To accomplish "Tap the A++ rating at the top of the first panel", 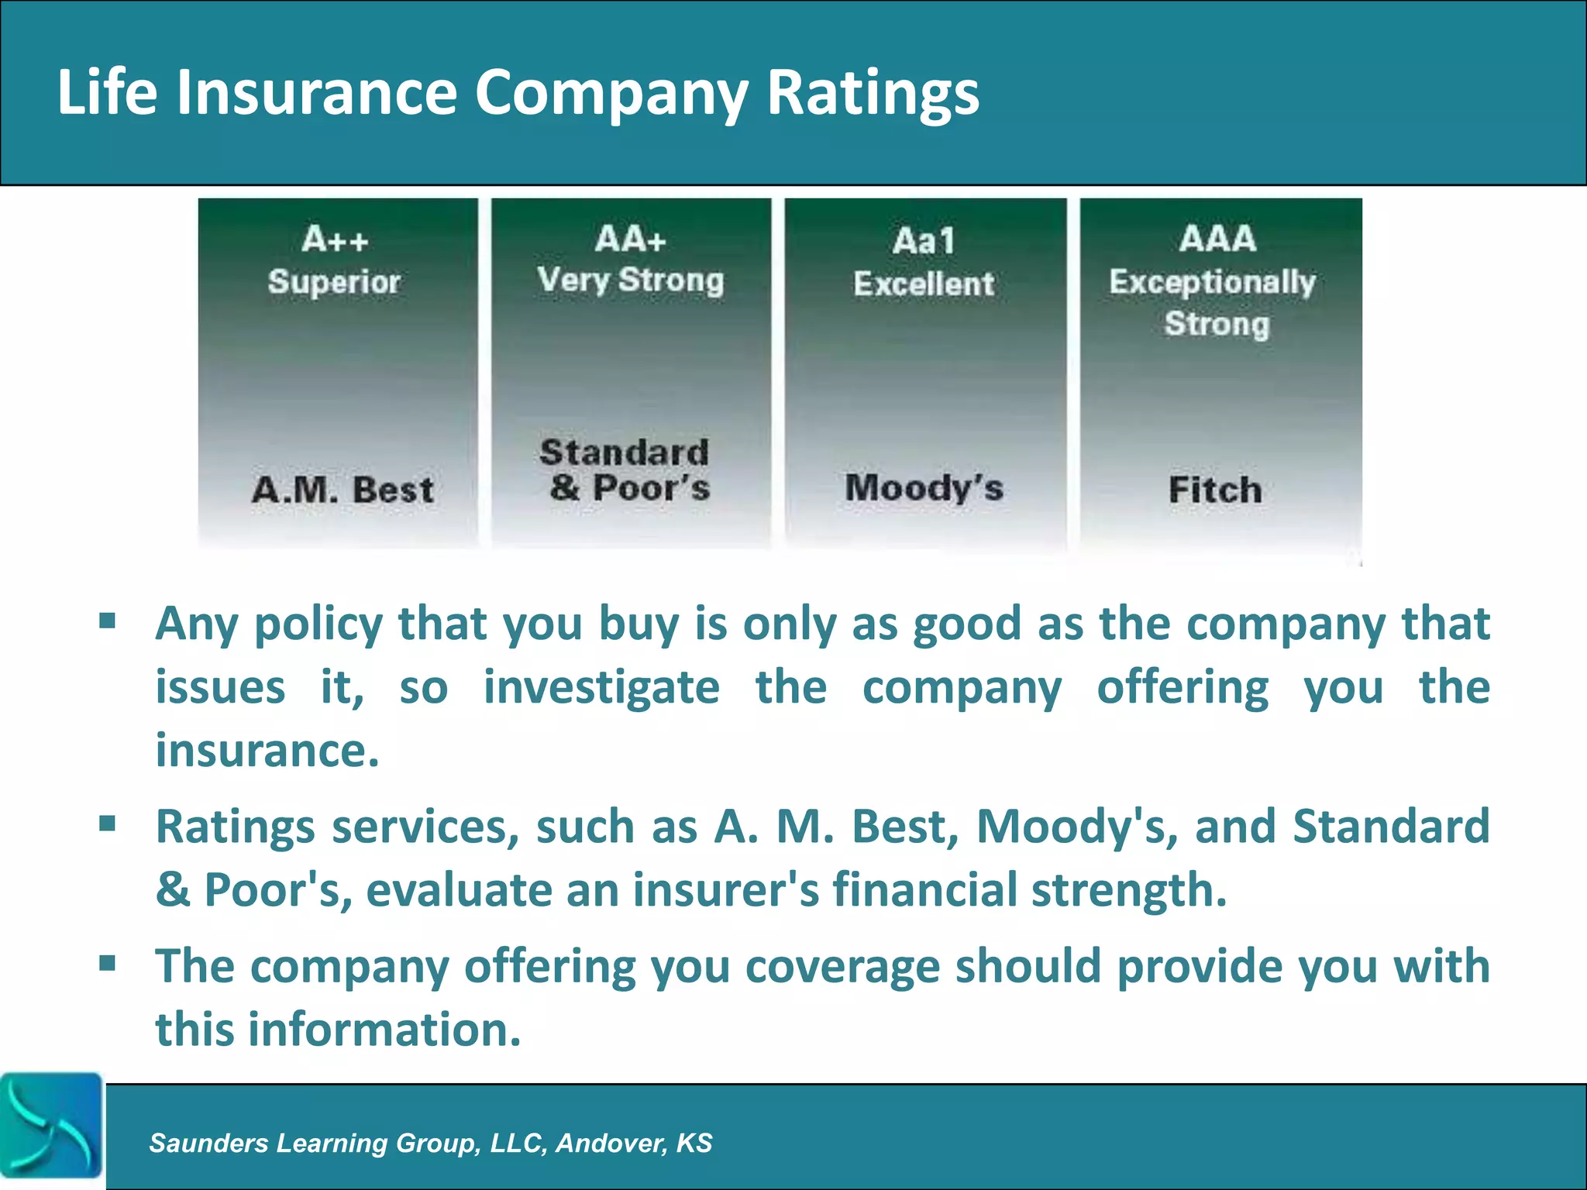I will click(x=334, y=239).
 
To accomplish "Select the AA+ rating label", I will click(x=631, y=239).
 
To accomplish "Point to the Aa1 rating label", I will click(x=924, y=241).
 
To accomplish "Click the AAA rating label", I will click(x=1217, y=239).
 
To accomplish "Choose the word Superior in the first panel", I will click(x=334, y=282).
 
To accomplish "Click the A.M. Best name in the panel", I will click(x=343, y=490).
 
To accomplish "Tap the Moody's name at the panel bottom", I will click(x=924, y=488).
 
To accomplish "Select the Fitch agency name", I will click(x=1215, y=490).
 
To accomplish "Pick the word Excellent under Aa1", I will click(x=924, y=284).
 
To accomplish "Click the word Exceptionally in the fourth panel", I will click(x=1212, y=282).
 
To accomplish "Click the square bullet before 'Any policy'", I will click(x=108, y=621).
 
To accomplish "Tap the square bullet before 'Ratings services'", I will click(x=108, y=823).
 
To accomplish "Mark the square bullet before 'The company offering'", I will click(x=108, y=963).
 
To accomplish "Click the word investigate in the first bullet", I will click(x=601, y=688).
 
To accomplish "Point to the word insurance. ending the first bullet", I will click(x=267, y=750).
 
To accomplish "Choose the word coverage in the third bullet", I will click(x=842, y=967).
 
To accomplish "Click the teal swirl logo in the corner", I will click(x=51, y=1125).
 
